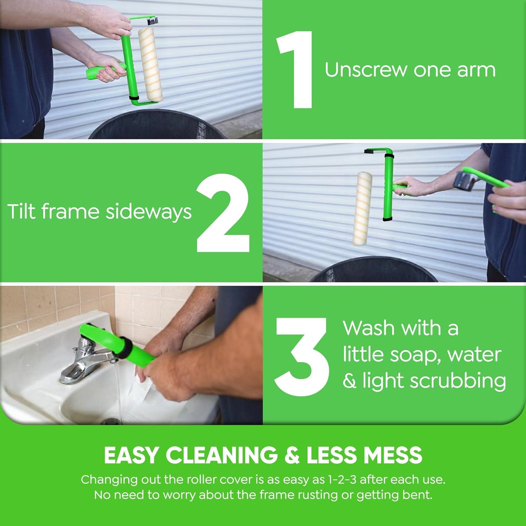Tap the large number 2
pyautogui.click(x=223, y=213)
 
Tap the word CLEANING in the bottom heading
pyautogui.click(x=221, y=455)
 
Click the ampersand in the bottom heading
pyautogui.click(x=292, y=455)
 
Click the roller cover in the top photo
pyautogui.click(x=150, y=65)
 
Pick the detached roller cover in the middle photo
pyautogui.click(x=362, y=208)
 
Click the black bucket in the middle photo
pyautogui.click(x=373, y=271)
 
